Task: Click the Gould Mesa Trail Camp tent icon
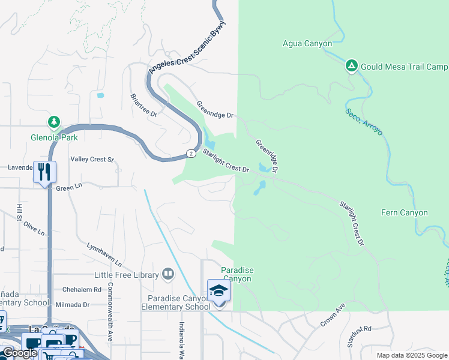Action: coord(352,65)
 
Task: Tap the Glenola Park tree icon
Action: coord(54,123)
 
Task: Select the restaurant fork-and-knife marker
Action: coord(44,172)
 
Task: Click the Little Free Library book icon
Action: coord(167,275)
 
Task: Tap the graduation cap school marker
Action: coord(218,291)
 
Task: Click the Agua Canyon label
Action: coord(307,43)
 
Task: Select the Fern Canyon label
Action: coord(405,212)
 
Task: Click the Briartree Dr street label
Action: coord(143,105)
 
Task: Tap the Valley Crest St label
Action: coord(92,159)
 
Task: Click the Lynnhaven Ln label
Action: coord(104,255)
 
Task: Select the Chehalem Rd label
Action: coord(81,289)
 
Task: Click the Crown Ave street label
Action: coord(333,315)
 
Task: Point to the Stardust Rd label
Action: coord(360,329)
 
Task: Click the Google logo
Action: coord(19,353)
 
